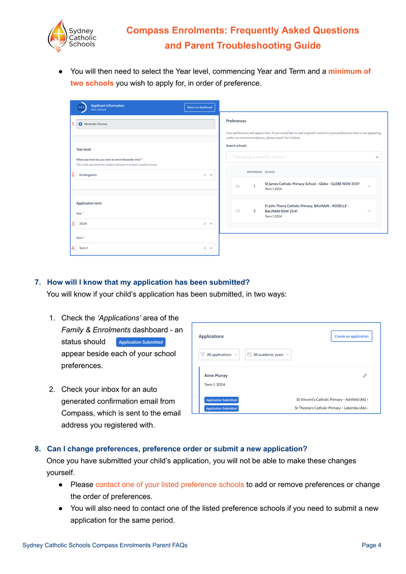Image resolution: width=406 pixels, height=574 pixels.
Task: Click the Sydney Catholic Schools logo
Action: click(x=72, y=36)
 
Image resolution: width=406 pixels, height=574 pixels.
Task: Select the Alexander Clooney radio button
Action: click(x=80, y=124)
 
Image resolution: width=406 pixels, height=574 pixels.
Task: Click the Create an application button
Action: click(x=351, y=336)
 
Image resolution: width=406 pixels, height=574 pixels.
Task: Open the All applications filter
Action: click(x=219, y=354)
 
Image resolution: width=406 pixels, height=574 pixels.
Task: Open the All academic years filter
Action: click(x=268, y=354)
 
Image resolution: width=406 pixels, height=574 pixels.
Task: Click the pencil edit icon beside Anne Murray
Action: click(x=365, y=376)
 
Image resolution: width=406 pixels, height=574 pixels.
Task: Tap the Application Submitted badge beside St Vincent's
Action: click(x=221, y=400)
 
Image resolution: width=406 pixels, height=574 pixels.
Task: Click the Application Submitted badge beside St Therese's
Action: click(x=221, y=408)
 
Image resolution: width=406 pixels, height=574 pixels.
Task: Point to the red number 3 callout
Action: click(x=73, y=223)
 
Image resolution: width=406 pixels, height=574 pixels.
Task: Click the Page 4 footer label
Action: click(x=371, y=545)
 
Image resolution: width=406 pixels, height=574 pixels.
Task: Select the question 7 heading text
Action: click(x=148, y=282)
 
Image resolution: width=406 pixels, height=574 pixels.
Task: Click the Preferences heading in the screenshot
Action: click(x=236, y=121)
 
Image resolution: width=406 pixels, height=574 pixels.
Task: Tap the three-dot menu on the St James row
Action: click(x=369, y=186)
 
